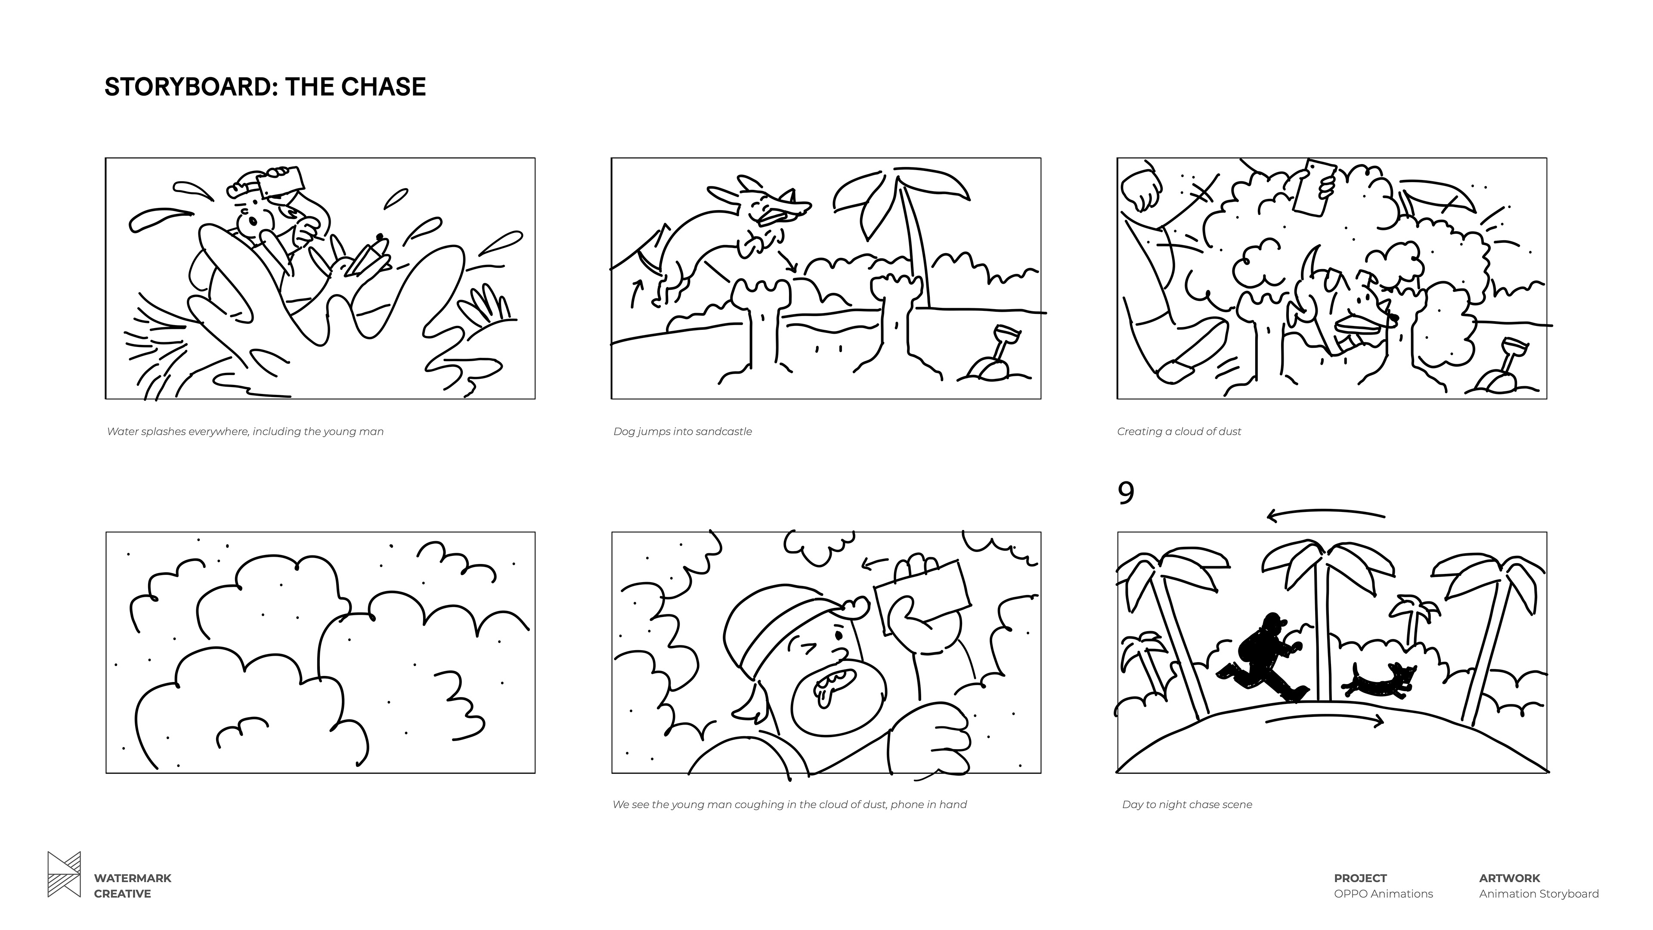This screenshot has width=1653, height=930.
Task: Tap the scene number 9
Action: click(1126, 493)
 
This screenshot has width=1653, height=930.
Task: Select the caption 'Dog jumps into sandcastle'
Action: click(682, 431)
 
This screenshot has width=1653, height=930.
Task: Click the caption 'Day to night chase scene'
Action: click(1187, 804)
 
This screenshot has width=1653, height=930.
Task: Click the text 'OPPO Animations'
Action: click(1383, 893)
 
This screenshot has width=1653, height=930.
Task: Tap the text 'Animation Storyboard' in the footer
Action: click(1539, 893)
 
